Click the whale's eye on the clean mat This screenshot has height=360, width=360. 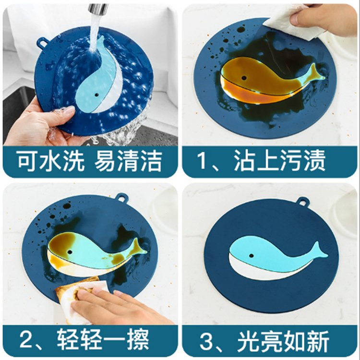point(251,256)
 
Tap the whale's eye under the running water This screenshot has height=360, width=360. point(96,95)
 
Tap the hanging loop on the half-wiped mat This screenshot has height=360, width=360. point(122,198)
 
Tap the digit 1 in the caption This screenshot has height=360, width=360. point(204,161)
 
